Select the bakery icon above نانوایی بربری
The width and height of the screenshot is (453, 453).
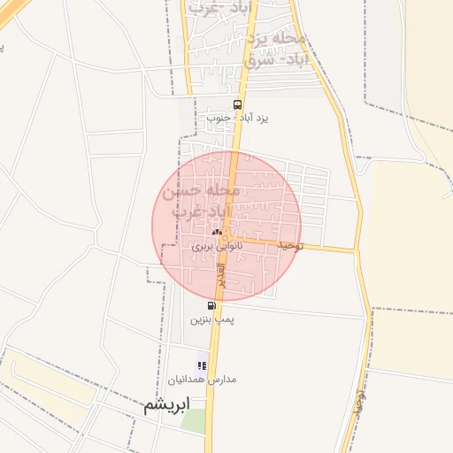pyautogui.click(x=217, y=232)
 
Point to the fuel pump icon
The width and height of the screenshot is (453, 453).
pyautogui.click(x=211, y=305)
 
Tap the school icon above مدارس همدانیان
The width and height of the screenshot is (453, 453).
pyautogui.click(x=202, y=365)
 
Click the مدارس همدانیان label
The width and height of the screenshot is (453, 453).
pyautogui.click(x=201, y=379)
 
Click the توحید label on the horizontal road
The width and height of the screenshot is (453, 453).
pyautogui.click(x=289, y=244)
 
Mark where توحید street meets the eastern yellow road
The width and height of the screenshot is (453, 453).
pyautogui.click(x=357, y=250)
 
